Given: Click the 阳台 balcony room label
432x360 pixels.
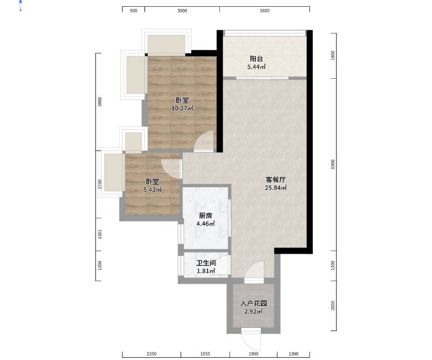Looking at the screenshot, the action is click(x=256, y=58).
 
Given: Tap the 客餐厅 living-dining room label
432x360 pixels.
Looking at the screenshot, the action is click(x=276, y=180).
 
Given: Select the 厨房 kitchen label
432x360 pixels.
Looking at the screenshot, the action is click(x=205, y=215).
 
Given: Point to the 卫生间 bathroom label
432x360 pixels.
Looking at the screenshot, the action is click(x=206, y=263).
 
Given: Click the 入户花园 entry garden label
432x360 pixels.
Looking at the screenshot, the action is click(x=254, y=304).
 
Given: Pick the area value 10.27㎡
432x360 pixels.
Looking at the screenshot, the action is click(x=182, y=109).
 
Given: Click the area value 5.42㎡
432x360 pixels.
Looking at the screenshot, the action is click(x=152, y=190).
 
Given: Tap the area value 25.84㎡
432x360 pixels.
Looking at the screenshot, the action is click(x=276, y=188).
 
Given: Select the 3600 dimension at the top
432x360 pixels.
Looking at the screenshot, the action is click(x=264, y=11).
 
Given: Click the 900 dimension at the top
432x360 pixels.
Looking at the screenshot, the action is click(x=133, y=11).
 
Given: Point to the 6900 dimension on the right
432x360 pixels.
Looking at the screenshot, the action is click(x=333, y=164).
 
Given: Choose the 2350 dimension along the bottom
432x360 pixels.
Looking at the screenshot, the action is click(x=151, y=354).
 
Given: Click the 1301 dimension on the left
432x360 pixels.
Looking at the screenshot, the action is click(x=100, y=234).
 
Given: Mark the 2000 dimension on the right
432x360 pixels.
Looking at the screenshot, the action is click(x=333, y=305).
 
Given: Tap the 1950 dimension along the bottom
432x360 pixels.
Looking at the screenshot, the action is click(x=205, y=354).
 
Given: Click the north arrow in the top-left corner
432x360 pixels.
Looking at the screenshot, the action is click(x=21, y=5).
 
